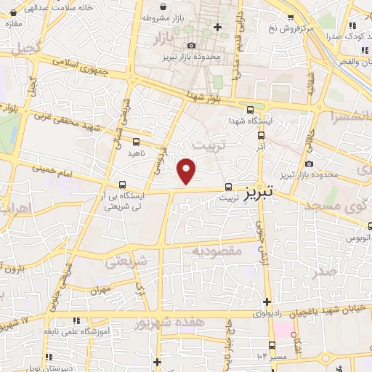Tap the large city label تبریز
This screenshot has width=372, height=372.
tap(258, 193)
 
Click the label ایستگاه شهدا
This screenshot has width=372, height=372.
tap(250, 121)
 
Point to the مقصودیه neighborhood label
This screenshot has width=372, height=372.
tap(216, 251)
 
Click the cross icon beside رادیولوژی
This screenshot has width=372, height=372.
tap(267, 302)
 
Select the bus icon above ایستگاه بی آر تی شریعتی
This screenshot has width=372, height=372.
tap(121, 185)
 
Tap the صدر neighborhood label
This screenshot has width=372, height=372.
tap(324, 271)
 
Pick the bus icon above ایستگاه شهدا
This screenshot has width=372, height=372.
tap(250, 110)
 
